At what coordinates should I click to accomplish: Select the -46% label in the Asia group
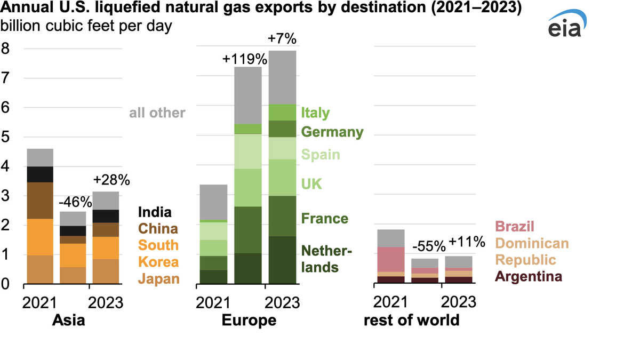pyautogui.click(x=73, y=204)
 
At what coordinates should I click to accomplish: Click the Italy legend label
pyautogui.click(x=315, y=113)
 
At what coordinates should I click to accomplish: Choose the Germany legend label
pyautogui.click(x=332, y=132)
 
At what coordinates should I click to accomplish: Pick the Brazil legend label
pyautogui.click(x=515, y=227)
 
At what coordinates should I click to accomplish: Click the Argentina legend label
pyautogui.click(x=529, y=277)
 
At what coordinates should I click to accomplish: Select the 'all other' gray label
pyautogui.click(x=157, y=113)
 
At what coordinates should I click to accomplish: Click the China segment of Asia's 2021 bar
pyautogui.click(x=40, y=201)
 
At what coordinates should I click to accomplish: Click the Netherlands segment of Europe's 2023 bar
pyautogui.click(x=283, y=260)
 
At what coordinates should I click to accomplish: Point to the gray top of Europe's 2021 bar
pyautogui.click(x=213, y=202)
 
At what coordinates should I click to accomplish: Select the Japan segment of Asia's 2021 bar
pyautogui.click(x=40, y=269)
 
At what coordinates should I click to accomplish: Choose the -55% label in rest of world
pyautogui.click(x=429, y=246)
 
